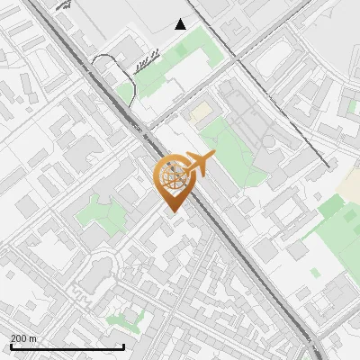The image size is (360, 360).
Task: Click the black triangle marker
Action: (x=181, y=24)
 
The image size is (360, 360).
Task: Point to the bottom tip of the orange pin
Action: (x=171, y=211)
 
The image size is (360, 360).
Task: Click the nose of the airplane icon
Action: (x=213, y=157)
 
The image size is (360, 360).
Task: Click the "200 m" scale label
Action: (x=24, y=338)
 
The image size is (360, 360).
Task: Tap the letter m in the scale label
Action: (x=33, y=338)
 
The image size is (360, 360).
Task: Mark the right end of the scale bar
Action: (x=123, y=346)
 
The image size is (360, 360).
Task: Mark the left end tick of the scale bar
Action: (x=11, y=346)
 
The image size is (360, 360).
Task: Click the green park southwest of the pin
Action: (x=102, y=216)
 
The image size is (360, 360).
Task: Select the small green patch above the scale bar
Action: (x=125, y=318)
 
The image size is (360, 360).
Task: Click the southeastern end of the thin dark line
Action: (x=325, y=166)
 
